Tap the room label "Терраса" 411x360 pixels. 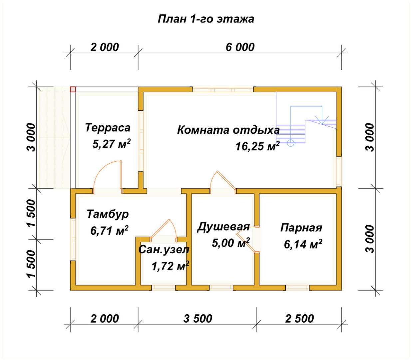click(108, 127)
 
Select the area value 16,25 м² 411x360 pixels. click(257, 146)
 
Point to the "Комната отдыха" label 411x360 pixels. click(228, 130)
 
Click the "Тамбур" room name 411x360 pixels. click(108, 214)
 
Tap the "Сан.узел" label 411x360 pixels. click(164, 250)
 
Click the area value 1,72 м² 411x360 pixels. click(170, 266)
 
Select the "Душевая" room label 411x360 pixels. click(223, 227)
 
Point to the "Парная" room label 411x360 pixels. click(301, 228)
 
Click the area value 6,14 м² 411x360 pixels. click(303, 244)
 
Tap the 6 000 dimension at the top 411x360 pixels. click(240, 47)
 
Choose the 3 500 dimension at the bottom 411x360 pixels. click(198, 319)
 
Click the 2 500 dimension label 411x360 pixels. click(299, 319)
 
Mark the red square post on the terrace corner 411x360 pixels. click(73, 89)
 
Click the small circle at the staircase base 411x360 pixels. click(291, 143)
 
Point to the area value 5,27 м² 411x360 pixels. click(112, 144)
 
